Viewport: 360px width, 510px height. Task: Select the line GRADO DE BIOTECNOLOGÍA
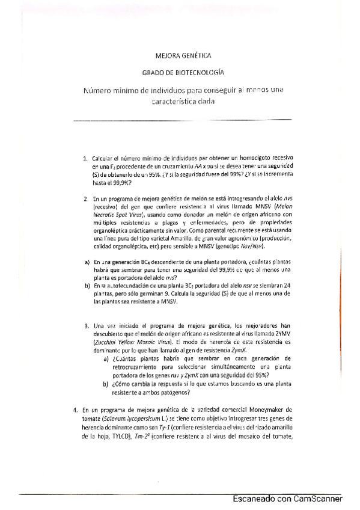tap(183, 72)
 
